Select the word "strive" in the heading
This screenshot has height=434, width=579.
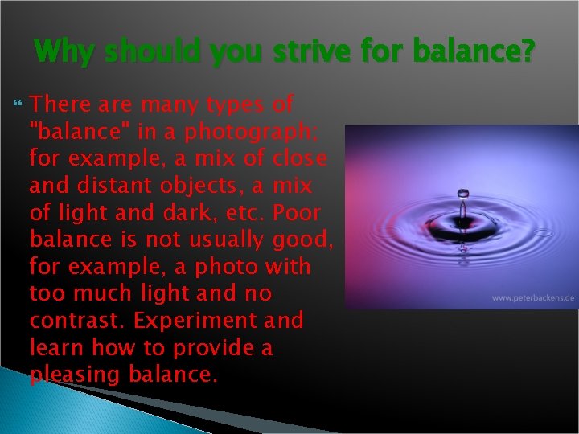[310, 53]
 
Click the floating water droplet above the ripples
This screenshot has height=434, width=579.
[463, 193]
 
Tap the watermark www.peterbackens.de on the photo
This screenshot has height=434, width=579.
[533, 298]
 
